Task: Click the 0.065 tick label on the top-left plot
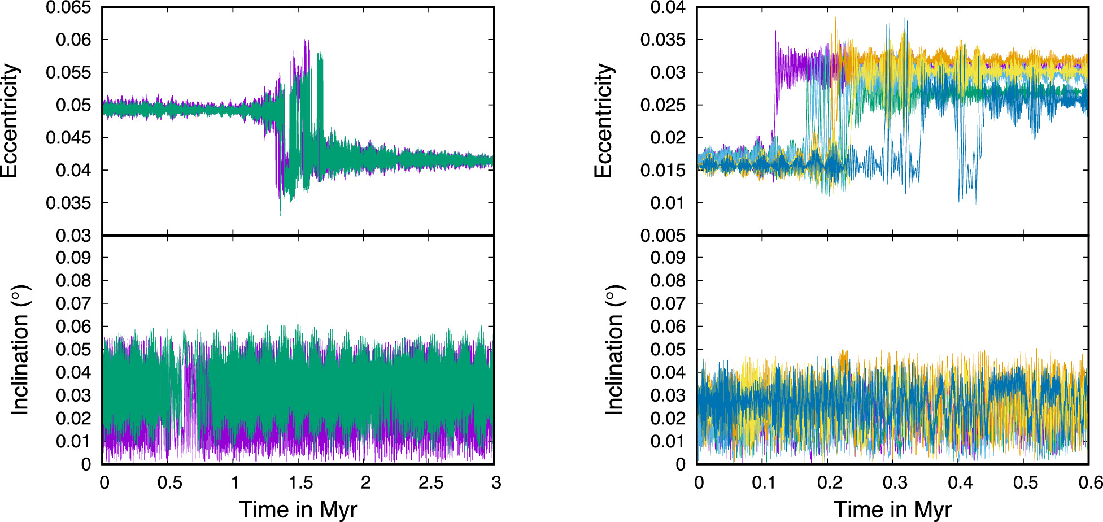[x=68, y=8]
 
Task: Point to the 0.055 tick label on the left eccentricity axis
[x=68, y=72]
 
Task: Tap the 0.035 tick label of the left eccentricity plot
[x=68, y=203]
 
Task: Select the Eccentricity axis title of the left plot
[x=10, y=121]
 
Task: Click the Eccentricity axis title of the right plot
[x=604, y=121]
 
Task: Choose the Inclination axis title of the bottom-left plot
[x=20, y=350]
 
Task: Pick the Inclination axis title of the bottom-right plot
[x=614, y=350]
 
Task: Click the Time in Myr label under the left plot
[x=298, y=509]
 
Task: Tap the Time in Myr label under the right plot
[x=892, y=509]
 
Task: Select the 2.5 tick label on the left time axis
[x=430, y=483]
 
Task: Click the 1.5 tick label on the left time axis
[x=300, y=483]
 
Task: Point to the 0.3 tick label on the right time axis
[x=894, y=483]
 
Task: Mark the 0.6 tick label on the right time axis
[x=1090, y=483]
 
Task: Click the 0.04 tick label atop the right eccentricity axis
[x=668, y=8]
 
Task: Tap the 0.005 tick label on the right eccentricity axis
[x=662, y=236]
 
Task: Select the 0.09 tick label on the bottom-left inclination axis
[x=73, y=258]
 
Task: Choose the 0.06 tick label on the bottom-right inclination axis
[x=668, y=327]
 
